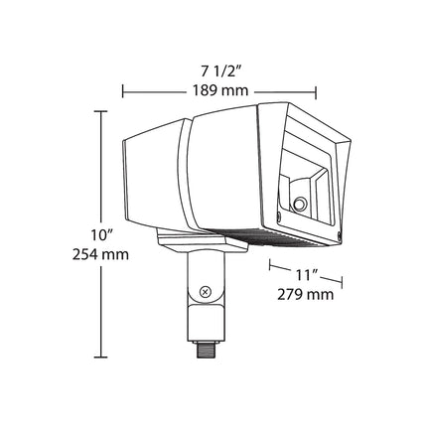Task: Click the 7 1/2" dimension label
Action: point(219,71)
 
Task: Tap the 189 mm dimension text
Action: point(220,90)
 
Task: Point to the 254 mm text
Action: point(100,254)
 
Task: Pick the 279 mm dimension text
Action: point(305,294)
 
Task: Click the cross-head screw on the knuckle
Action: point(206,292)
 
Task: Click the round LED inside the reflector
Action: point(300,203)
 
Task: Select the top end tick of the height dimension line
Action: point(100,112)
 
